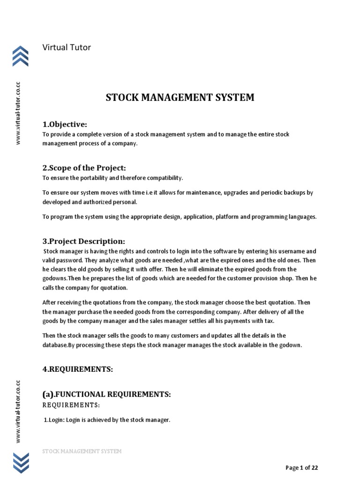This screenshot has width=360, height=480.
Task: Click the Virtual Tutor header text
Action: (x=67, y=47)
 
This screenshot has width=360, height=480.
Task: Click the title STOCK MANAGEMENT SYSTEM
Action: (x=180, y=97)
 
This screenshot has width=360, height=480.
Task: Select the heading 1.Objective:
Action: (x=65, y=124)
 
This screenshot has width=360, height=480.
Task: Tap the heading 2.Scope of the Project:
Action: (x=84, y=168)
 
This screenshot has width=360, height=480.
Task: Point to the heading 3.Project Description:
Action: (x=84, y=241)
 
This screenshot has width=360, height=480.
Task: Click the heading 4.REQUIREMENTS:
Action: (x=78, y=369)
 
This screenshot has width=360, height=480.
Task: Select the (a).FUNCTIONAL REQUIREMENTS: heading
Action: (x=106, y=395)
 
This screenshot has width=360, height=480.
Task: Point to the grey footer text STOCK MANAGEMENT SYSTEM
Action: (x=82, y=451)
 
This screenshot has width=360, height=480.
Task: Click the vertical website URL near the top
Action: (x=18, y=113)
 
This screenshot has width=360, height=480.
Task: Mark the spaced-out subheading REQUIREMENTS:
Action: (x=71, y=405)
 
